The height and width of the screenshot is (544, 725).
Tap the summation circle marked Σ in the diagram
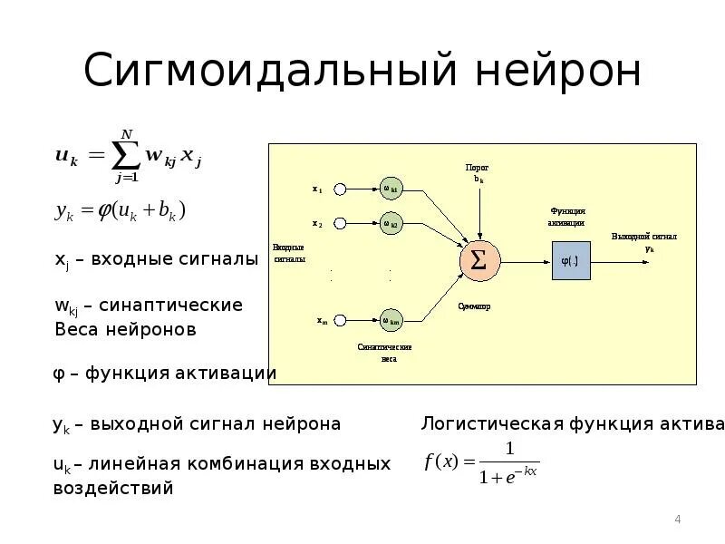[x=478, y=261]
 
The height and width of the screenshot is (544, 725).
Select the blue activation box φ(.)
[x=570, y=261]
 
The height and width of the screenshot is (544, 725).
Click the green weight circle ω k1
[x=391, y=189]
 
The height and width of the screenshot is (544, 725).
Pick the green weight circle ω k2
[x=391, y=223]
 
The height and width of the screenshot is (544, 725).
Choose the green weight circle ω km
[x=391, y=320]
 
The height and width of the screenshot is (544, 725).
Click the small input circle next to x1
[x=340, y=189]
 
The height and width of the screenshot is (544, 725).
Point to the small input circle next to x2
[x=340, y=223]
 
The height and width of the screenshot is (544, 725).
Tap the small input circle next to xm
[x=340, y=320]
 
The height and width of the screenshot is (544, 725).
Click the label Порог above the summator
[x=477, y=168]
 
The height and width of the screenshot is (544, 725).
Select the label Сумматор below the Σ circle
[x=474, y=306]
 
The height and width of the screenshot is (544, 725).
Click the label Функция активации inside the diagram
[x=566, y=216]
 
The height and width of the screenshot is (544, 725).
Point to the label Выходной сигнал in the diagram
[x=644, y=237]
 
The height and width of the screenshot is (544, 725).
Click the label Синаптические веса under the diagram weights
[x=385, y=352]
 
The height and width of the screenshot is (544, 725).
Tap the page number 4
[x=677, y=520]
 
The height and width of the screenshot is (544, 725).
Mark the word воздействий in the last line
[x=112, y=488]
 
